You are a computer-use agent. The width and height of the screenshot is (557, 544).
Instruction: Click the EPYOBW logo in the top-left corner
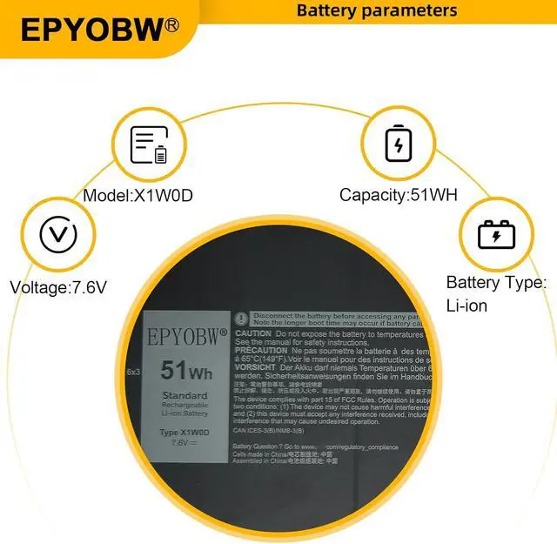(91, 30)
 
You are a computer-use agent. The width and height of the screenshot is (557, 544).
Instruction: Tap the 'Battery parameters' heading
(376, 10)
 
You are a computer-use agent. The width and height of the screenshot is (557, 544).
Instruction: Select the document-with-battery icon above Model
(148, 145)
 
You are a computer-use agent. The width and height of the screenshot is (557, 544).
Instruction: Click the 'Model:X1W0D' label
(138, 195)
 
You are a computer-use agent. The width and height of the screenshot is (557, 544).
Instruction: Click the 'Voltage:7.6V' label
(58, 285)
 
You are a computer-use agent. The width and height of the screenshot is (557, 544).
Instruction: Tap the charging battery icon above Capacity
(398, 144)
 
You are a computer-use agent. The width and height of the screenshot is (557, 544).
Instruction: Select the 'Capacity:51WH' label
(398, 195)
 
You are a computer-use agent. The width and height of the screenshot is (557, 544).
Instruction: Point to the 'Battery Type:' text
(496, 282)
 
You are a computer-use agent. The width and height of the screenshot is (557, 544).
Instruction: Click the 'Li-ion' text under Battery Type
(466, 306)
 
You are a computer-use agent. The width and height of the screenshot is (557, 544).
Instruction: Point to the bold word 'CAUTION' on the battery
(252, 333)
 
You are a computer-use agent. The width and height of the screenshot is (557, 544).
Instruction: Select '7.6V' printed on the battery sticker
(180, 442)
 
